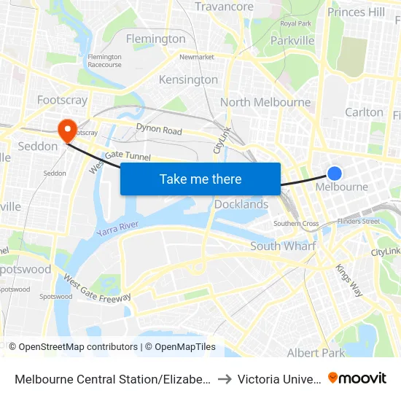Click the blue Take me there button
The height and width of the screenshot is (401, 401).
pos(200,179)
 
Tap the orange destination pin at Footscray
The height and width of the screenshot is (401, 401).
pos(67,129)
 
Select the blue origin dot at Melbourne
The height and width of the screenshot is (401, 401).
pos(335,173)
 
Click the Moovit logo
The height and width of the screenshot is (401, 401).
pos(357,378)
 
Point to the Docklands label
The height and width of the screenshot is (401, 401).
pos(241,205)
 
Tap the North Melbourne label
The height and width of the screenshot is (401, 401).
pos(265,102)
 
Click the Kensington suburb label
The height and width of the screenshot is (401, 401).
pos(188,79)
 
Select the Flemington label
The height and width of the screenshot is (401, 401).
pos(155,39)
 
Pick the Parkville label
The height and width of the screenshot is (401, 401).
pos(292,41)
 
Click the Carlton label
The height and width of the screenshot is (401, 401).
pos(364,112)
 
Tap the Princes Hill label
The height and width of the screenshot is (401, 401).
pos(357,12)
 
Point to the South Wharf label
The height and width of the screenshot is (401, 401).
pos(283,246)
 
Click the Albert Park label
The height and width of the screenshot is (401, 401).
pos(316,353)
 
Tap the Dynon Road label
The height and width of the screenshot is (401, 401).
pos(158,131)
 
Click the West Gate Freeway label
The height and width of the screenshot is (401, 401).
pos(97,288)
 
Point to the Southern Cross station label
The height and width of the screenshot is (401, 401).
pos(296,224)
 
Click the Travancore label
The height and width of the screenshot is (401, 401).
pos(224,7)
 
